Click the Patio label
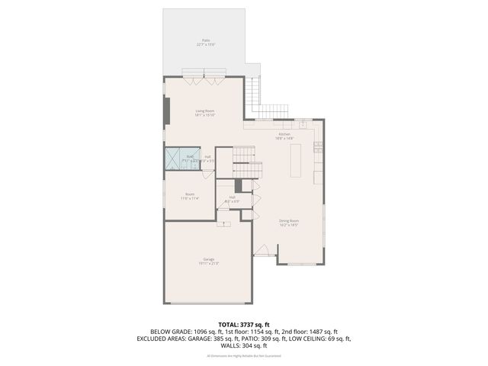pos(206,40)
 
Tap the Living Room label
pos(205,111)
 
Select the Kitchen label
pos(284,134)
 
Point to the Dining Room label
pos(288,220)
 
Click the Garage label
pos(208,258)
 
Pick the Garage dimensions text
pos(208,264)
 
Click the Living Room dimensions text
pos(205,116)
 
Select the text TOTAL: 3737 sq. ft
pos(243,324)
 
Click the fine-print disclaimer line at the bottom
pos(243,355)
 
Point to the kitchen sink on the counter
pos(302,123)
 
